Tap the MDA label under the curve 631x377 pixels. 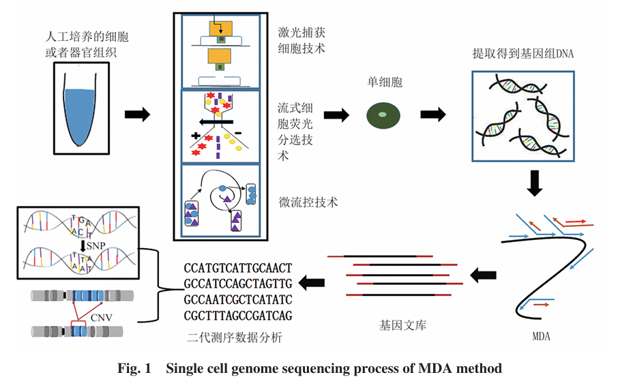(541, 336)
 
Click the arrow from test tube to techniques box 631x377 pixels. (136, 113)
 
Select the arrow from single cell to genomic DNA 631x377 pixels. (433, 114)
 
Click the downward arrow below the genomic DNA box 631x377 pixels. (535, 182)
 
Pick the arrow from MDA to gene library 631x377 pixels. (484, 274)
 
